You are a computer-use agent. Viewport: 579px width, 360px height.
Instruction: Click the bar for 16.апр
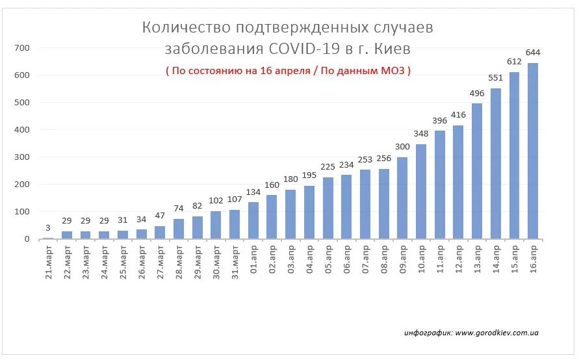533,151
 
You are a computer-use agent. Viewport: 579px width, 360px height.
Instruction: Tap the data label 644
533,53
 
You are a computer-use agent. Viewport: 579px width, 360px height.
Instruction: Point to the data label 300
402,147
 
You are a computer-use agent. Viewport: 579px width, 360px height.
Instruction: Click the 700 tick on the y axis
22,48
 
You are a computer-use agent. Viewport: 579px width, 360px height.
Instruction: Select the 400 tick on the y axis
22,130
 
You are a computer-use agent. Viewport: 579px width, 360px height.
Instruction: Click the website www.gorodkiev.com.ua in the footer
496,333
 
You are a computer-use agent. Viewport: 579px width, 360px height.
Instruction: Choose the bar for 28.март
179,229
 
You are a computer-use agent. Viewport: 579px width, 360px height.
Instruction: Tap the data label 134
253,192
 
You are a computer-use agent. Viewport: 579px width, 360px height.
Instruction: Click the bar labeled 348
421,191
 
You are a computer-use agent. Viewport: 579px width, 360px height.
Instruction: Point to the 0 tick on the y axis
27,239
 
